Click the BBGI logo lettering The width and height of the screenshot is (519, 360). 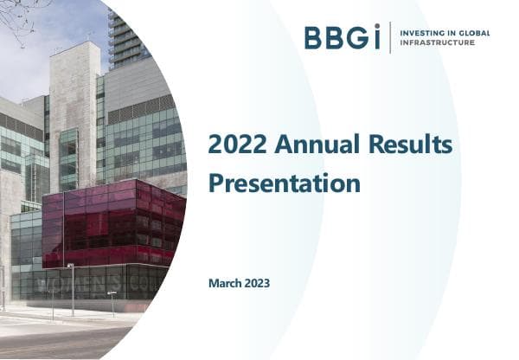(x=342, y=38)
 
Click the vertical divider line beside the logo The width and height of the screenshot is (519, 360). (x=390, y=38)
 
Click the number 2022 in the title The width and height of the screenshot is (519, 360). (x=234, y=146)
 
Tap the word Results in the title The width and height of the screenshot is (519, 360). (x=405, y=146)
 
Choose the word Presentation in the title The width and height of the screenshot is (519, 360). (x=284, y=183)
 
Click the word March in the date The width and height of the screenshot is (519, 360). (x=227, y=284)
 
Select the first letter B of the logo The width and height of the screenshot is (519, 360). (x=313, y=38)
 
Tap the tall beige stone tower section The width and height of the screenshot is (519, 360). (x=74, y=104)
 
